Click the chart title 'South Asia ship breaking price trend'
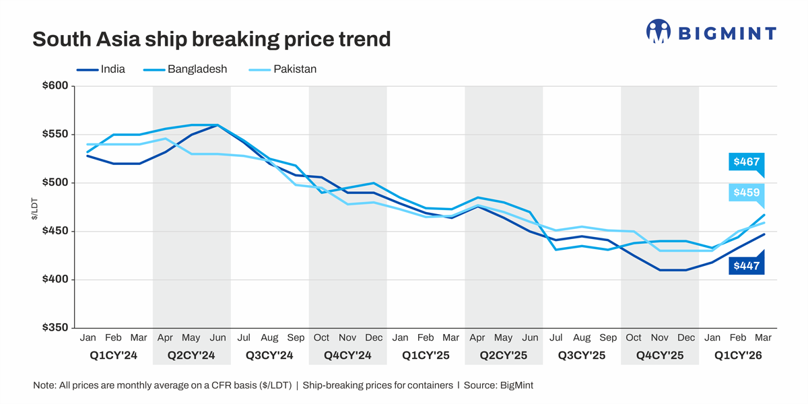211,39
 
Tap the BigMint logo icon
658,32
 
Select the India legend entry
101,69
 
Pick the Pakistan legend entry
283,69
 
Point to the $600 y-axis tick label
55,86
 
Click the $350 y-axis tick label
55,328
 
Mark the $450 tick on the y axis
55,232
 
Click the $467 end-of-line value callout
747,162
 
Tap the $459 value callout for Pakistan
747,193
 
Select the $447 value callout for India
747,265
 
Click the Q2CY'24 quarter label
191,355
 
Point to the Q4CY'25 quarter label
660,355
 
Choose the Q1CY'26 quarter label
738,355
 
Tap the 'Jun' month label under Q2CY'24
217,337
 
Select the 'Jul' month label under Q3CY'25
556,337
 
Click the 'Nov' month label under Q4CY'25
660,337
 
